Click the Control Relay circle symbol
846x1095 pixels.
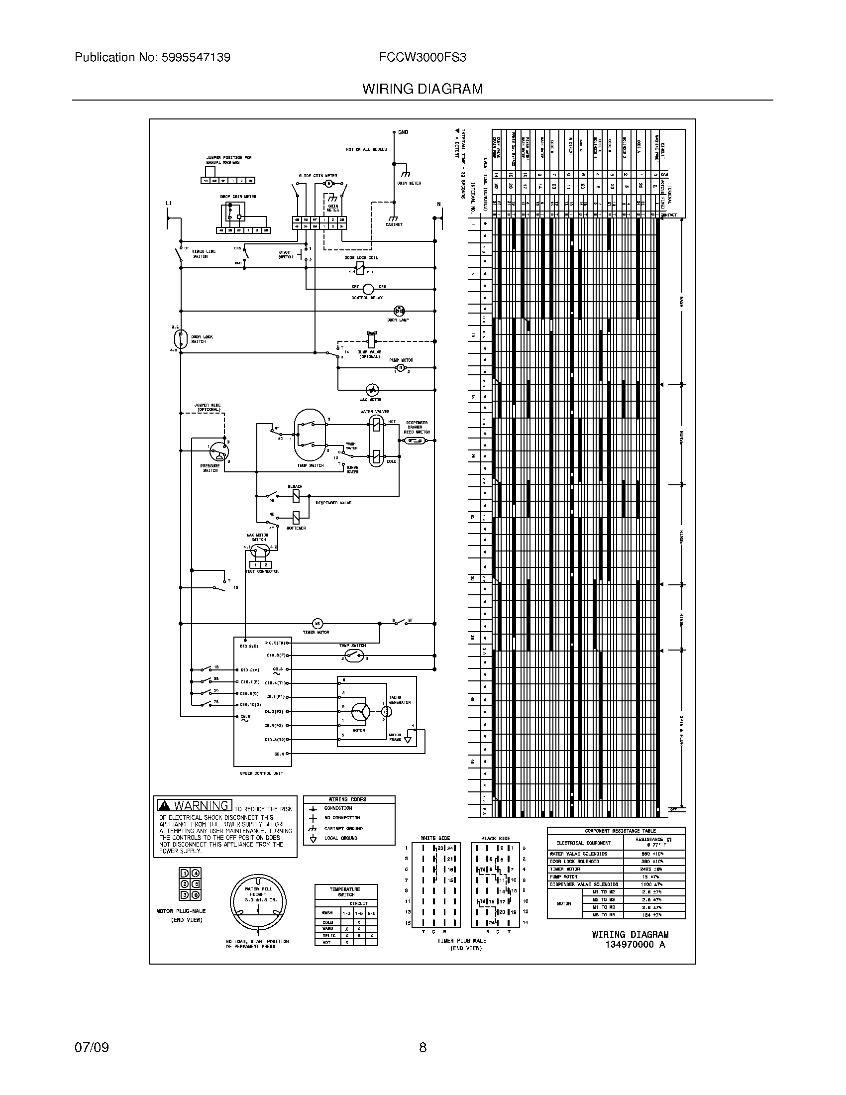(368, 289)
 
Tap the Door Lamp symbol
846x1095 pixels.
(400, 311)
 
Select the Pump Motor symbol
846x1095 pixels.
(401, 368)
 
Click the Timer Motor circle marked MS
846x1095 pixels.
(318, 624)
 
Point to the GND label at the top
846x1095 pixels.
(403, 132)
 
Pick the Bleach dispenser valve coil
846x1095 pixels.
(296, 496)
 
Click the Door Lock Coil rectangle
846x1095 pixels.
(360, 268)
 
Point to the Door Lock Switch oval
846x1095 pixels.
(180, 339)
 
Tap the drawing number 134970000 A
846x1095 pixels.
(635, 945)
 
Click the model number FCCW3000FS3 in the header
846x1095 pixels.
(423, 58)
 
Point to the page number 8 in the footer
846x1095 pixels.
(423, 1047)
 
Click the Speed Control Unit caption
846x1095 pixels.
(262, 773)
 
